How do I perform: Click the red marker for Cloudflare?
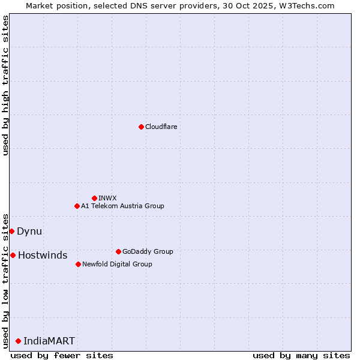(141, 127)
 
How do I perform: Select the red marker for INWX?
(94, 198)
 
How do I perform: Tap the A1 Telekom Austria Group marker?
(77, 206)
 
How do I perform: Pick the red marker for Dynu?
(11, 231)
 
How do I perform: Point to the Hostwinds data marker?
(13, 255)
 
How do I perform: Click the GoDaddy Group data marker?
(118, 251)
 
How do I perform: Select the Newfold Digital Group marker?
(78, 264)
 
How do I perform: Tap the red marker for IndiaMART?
(18, 341)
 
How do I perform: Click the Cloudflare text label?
(161, 127)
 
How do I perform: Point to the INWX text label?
(107, 198)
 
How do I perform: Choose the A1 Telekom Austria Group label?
(122, 206)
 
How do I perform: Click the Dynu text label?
(29, 231)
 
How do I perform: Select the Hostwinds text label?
(43, 255)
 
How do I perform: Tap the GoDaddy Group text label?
(148, 251)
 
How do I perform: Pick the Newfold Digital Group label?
(117, 264)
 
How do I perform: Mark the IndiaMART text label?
(49, 341)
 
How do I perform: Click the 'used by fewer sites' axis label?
(62, 355)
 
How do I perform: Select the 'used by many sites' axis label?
(301, 355)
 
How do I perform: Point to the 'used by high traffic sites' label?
(5, 85)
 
